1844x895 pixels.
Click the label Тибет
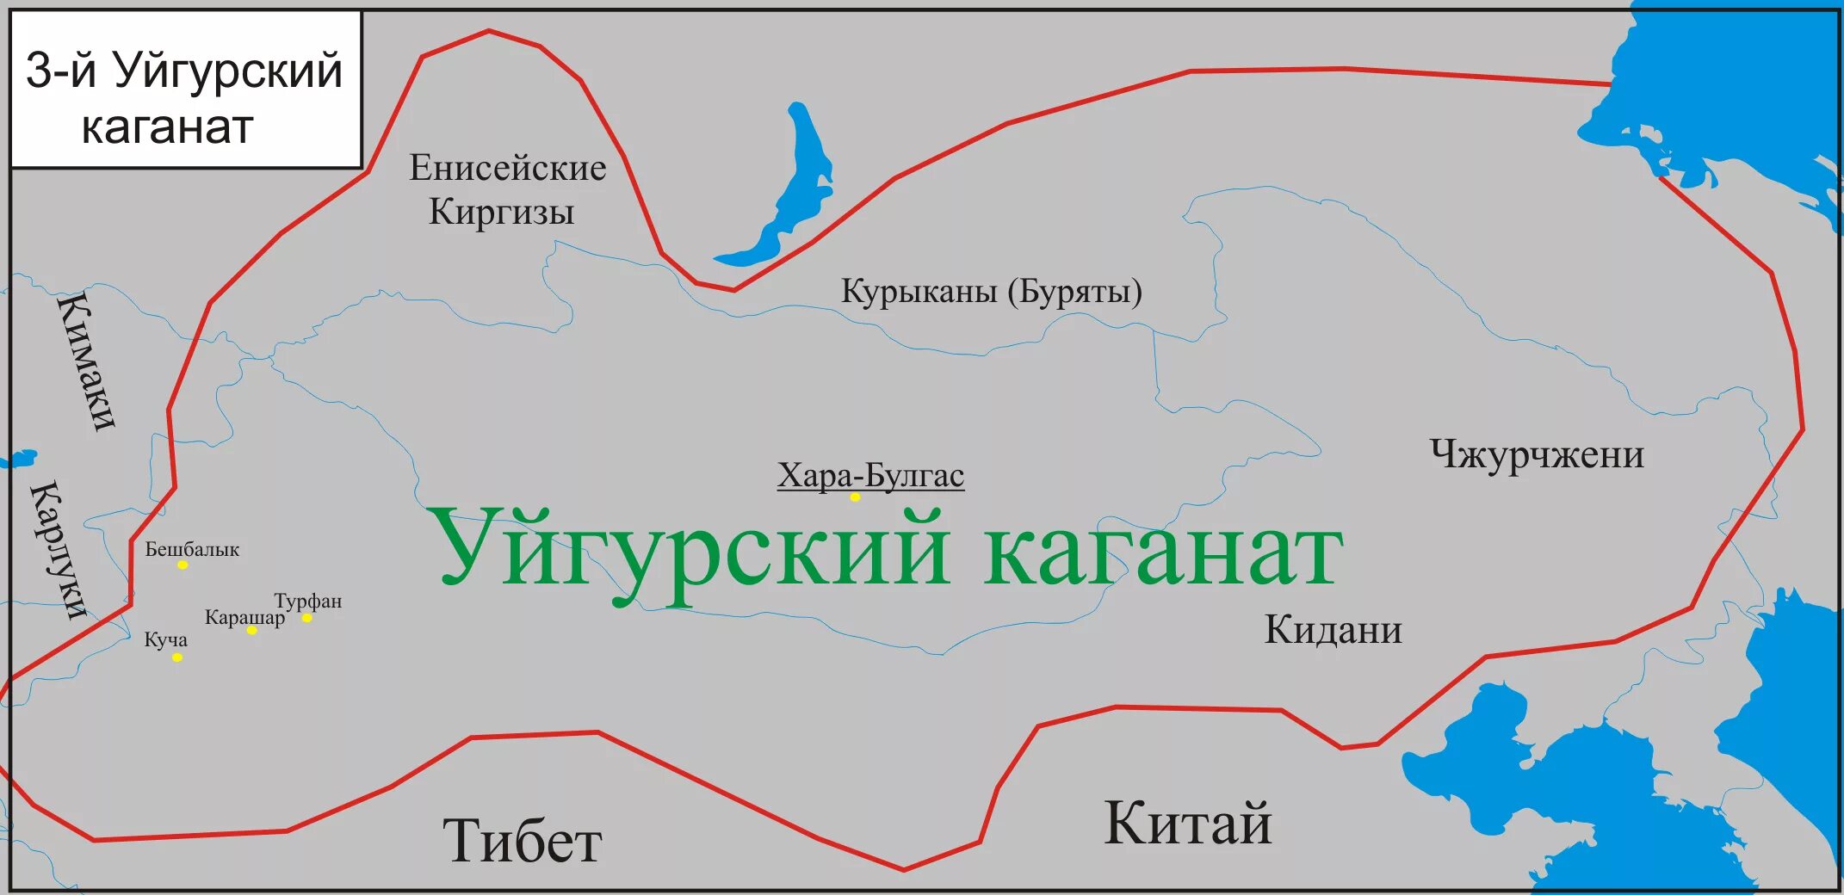click(522, 841)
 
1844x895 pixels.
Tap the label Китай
click(1187, 823)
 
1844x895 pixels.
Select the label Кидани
click(1333, 630)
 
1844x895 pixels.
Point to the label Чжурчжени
click(1537, 454)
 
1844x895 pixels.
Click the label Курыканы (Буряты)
click(991, 292)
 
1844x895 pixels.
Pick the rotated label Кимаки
click(86, 361)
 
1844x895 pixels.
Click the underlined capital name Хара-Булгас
click(870, 475)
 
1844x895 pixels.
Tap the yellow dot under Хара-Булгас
click(855, 497)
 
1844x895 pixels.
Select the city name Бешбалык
click(192, 549)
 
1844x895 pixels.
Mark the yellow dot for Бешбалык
click(183, 565)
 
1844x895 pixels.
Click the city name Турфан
click(308, 601)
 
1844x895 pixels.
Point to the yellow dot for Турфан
click(306, 618)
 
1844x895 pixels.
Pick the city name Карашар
click(244, 617)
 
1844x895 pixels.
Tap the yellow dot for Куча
click(176, 657)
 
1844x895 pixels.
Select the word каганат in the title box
click(167, 127)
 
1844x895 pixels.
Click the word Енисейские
click(507, 168)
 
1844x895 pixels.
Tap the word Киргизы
click(501, 212)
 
